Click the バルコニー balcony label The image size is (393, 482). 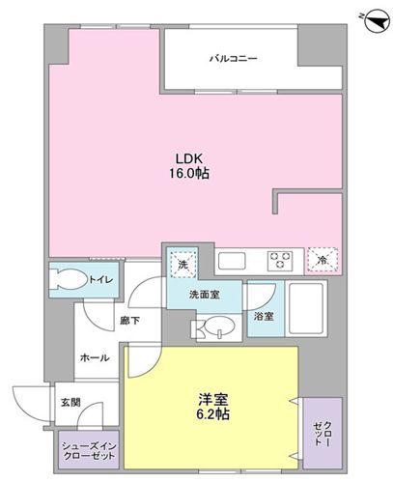pyautogui.click(x=233, y=59)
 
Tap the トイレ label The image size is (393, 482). pyautogui.click(x=101, y=280)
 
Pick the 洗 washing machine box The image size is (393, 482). pyautogui.click(x=180, y=263)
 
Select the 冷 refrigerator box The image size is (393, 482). pyautogui.click(x=322, y=260)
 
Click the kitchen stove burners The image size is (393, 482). pyautogui.click(x=280, y=261)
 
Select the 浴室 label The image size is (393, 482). pyautogui.click(x=262, y=315)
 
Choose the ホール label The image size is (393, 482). pyautogui.click(x=94, y=357)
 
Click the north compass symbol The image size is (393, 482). pyautogui.click(x=368, y=18)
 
